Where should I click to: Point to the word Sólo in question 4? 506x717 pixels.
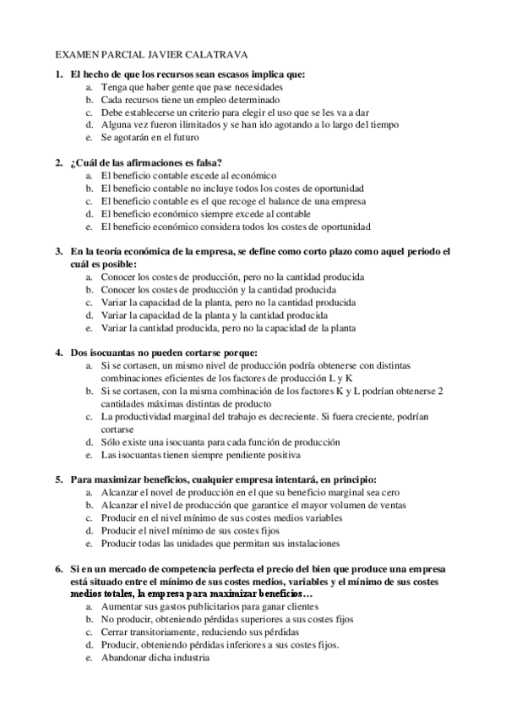tap(110, 441)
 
